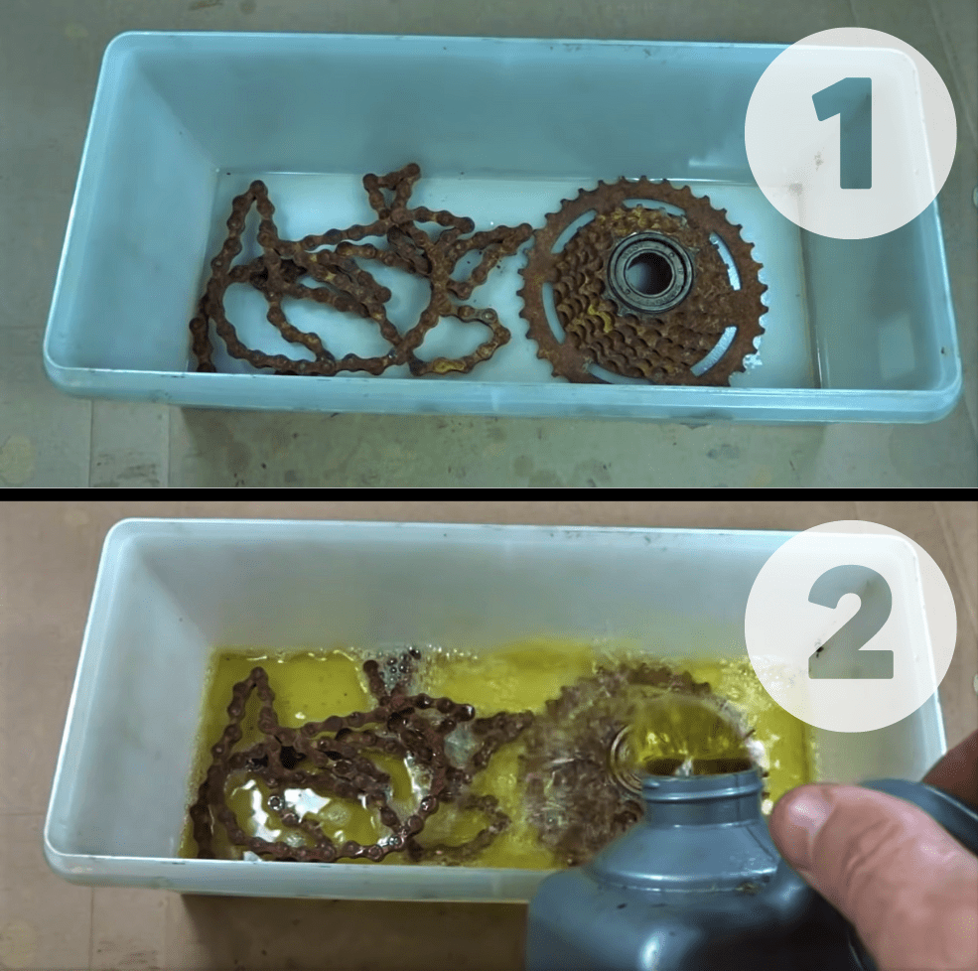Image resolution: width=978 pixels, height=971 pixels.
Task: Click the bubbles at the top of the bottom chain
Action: [397, 665]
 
